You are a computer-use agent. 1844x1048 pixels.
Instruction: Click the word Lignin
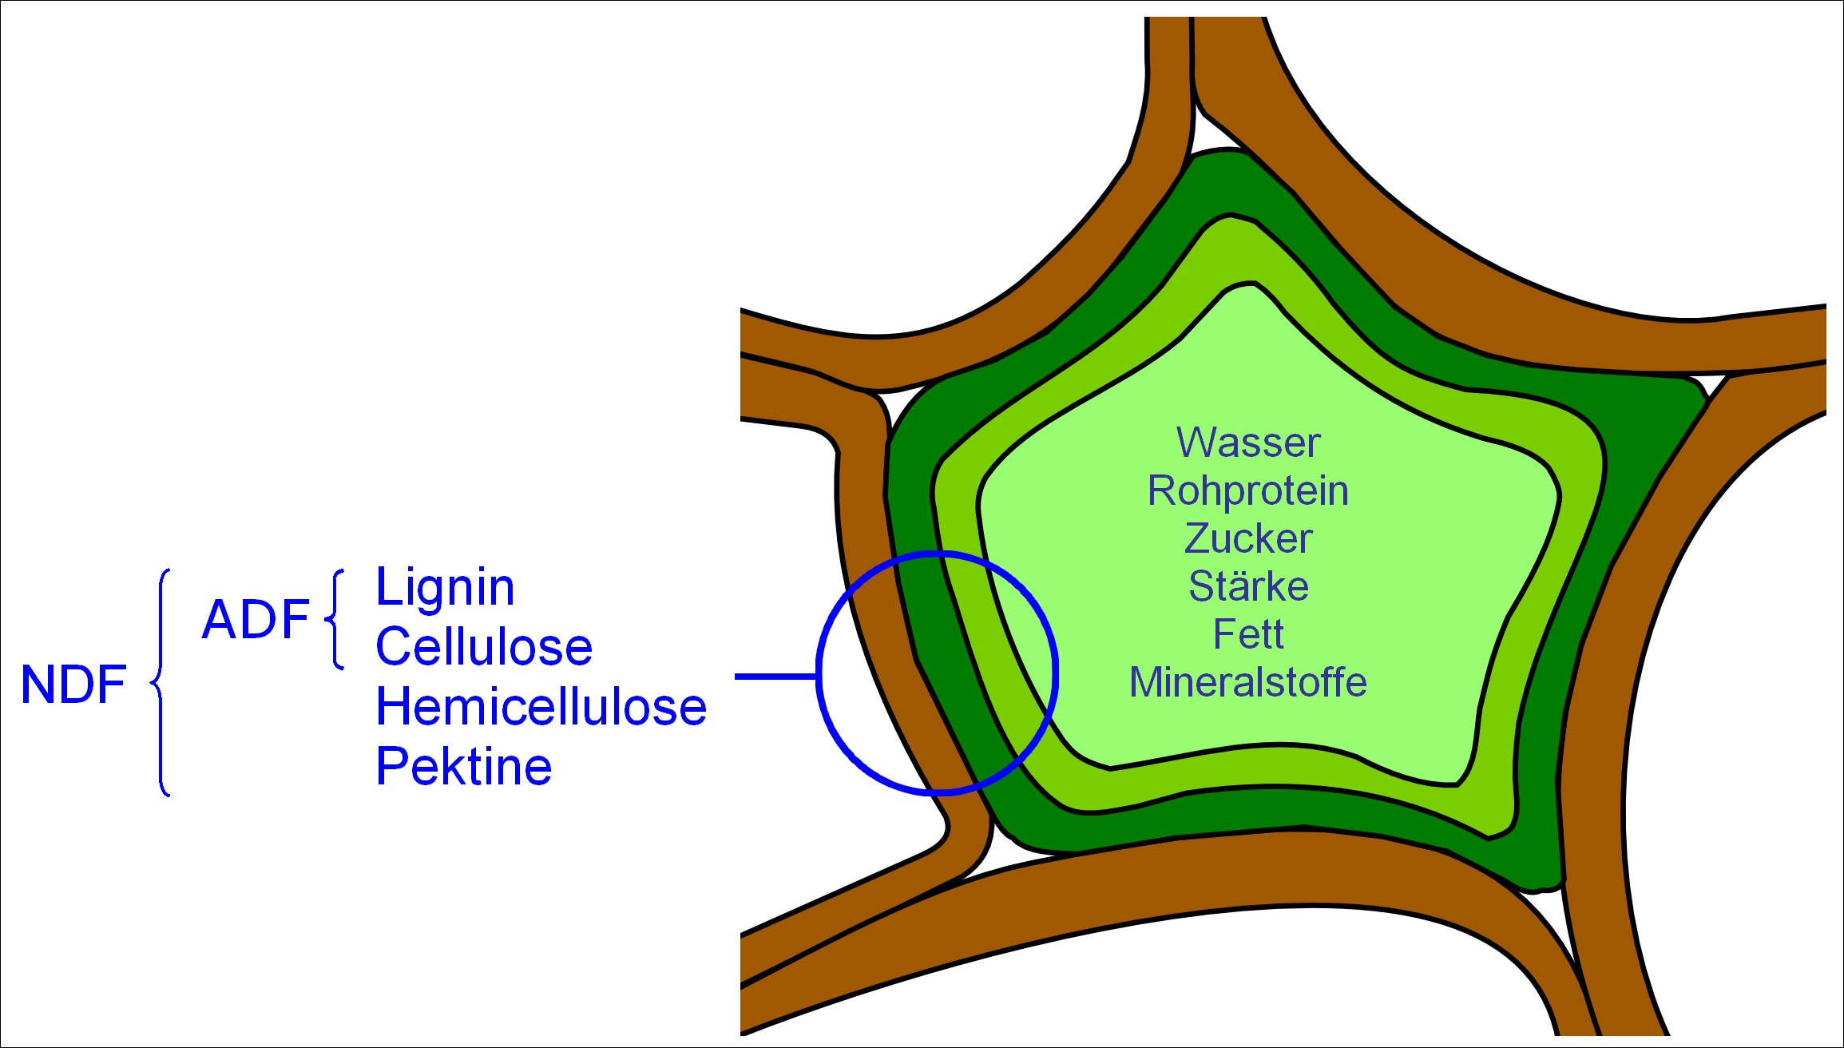[445, 588]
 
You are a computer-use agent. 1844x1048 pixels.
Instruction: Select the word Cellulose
[484, 646]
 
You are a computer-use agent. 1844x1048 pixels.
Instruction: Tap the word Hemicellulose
[541, 707]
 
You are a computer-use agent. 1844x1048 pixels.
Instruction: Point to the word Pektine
[463, 767]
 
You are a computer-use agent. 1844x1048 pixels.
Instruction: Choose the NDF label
[73, 685]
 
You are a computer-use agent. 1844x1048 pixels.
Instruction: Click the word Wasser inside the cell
[1248, 443]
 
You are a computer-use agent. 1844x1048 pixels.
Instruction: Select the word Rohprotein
[1247, 490]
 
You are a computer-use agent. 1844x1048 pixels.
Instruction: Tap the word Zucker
[1248, 538]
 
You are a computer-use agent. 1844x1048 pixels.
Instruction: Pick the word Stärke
[1248, 586]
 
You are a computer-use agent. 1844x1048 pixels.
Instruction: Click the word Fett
[1248, 634]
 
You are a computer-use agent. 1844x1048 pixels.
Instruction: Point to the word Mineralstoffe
[1247, 682]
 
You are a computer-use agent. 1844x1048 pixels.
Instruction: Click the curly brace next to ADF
[335, 619]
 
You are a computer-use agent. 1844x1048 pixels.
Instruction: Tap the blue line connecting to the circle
[775, 677]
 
